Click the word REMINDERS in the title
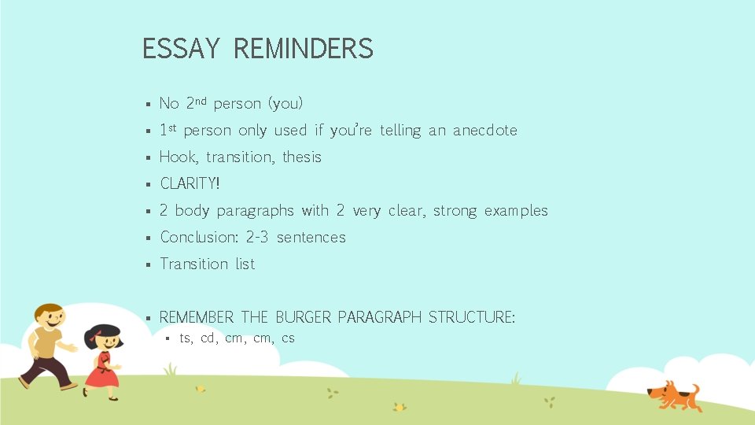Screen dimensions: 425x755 (303, 49)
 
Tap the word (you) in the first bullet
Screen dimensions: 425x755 (285, 104)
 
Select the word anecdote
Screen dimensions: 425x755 (484, 131)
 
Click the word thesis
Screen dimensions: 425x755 (302, 157)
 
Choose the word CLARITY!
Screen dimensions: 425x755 (190, 184)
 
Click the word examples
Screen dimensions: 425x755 (516, 211)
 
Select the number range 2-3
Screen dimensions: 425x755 (257, 237)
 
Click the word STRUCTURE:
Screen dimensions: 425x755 (472, 317)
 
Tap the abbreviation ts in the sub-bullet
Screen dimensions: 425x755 (186, 338)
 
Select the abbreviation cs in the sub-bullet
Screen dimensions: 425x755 (288, 338)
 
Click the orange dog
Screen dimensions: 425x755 (672, 394)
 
